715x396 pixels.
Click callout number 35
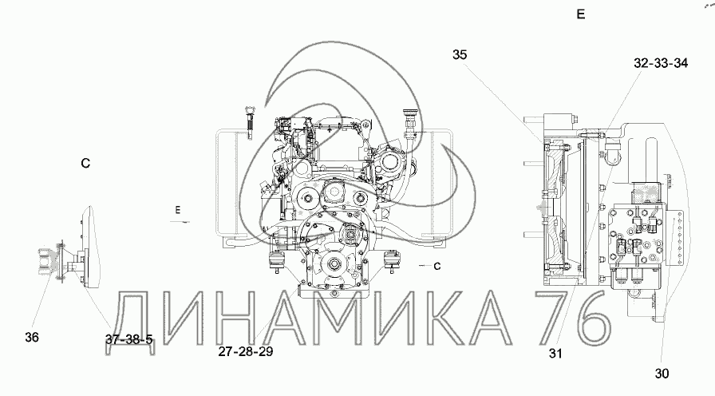pyautogui.click(x=460, y=55)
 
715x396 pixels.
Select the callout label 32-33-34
pyautogui.click(x=661, y=63)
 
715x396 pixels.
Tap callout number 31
pyautogui.click(x=555, y=354)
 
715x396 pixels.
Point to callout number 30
pyautogui.click(x=662, y=374)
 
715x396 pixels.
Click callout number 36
pyautogui.click(x=32, y=338)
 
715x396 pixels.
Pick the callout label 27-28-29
pyautogui.click(x=245, y=352)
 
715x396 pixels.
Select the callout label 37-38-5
pyautogui.click(x=129, y=339)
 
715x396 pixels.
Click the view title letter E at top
pyautogui.click(x=580, y=14)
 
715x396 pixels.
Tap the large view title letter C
pyautogui.click(x=85, y=164)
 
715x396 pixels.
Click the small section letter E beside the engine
pyautogui.click(x=178, y=210)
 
